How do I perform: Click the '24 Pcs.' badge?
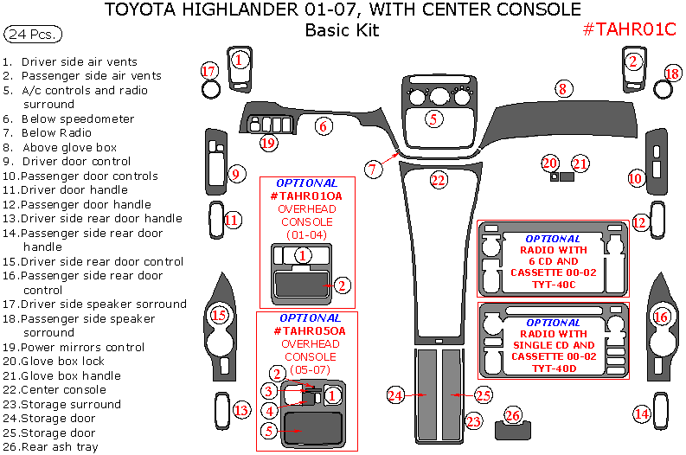[33, 35]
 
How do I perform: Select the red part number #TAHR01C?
[628, 29]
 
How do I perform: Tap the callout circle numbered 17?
[209, 70]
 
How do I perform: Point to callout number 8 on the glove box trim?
[562, 88]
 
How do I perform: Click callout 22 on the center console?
[439, 180]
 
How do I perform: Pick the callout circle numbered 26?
[514, 416]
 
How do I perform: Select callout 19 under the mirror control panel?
[269, 142]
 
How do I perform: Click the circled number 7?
[373, 170]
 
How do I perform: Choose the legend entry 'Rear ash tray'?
[60, 446]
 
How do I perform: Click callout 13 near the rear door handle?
[242, 409]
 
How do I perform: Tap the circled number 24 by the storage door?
[396, 395]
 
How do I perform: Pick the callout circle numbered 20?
[550, 163]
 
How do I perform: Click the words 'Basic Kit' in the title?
[343, 31]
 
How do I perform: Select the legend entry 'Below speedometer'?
[77, 119]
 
